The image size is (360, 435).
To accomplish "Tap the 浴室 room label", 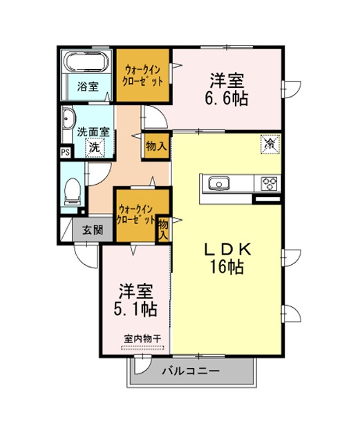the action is pos(88,86).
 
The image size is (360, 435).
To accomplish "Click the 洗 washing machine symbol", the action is pos(95,147).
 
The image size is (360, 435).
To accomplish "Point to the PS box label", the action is pos(66,153).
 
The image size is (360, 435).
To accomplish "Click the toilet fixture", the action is pos(73,191).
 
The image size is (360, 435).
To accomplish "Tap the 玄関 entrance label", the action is pos(93,230).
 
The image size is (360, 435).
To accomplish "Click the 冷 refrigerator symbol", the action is pos(269,144).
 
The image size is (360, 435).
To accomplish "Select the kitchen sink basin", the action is pos(219,183).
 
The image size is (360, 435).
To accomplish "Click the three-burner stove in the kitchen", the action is pos(269,183).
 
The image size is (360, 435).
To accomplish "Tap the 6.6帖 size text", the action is pos(226,98).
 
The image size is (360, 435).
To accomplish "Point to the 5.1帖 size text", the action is pos(135,308).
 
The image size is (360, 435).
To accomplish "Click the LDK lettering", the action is pos(227,249).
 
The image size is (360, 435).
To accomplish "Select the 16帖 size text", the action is pos(227,267).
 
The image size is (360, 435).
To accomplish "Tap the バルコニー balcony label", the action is pos(191,371).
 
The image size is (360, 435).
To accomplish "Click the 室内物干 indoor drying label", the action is pos(142,338).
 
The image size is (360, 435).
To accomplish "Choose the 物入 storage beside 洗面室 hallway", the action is pos(157,146).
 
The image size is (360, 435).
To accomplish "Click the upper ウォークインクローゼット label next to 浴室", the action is pos(142,75).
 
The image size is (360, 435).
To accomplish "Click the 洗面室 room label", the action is pos(93,132).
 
